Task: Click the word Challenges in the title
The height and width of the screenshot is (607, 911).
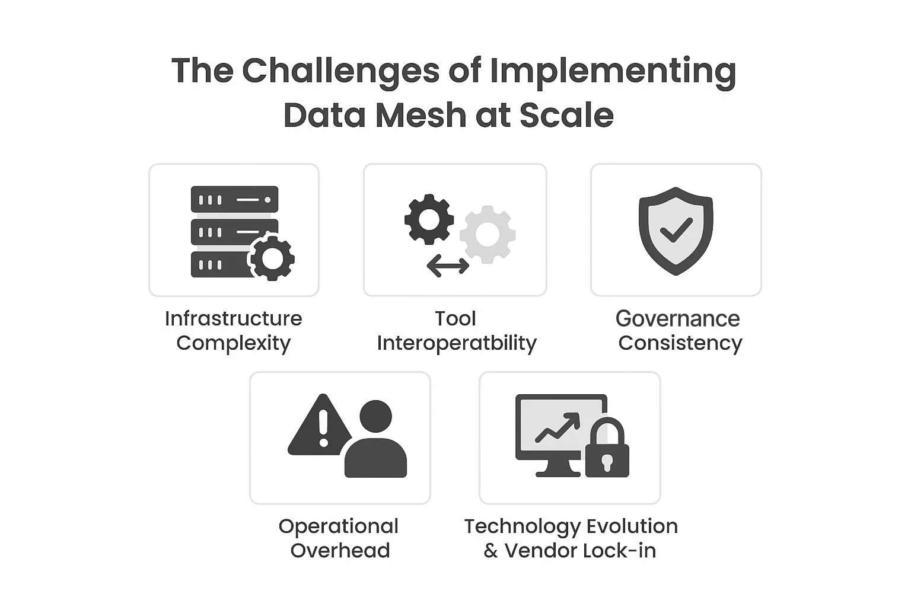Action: coord(340,72)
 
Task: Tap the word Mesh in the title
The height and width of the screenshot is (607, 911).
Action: coord(421,115)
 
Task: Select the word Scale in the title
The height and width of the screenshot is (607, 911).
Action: coord(566,115)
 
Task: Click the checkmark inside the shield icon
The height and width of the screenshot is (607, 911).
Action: coord(676,230)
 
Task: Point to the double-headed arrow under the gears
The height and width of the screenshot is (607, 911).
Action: coord(448,266)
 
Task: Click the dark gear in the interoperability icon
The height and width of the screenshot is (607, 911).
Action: coord(429,219)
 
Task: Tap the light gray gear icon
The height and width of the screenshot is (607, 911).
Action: coord(488,235)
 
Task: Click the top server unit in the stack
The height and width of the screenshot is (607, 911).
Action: coord(235,199)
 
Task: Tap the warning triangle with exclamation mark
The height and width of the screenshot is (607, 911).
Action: coord(320,426)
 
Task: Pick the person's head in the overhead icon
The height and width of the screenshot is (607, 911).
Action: coord(376,416)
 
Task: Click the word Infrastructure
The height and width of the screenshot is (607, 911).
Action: coord(234,318)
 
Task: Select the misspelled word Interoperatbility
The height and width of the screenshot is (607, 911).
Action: coord(457,344)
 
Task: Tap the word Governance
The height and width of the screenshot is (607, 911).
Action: coord(677,318)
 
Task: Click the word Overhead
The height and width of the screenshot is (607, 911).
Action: coord(340,551)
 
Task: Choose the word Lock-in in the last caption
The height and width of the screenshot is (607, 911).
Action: coord(619,551)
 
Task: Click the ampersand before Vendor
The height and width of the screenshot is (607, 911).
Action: coord(491,551)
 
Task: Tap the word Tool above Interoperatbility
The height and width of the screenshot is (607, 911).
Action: coord(455,318)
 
